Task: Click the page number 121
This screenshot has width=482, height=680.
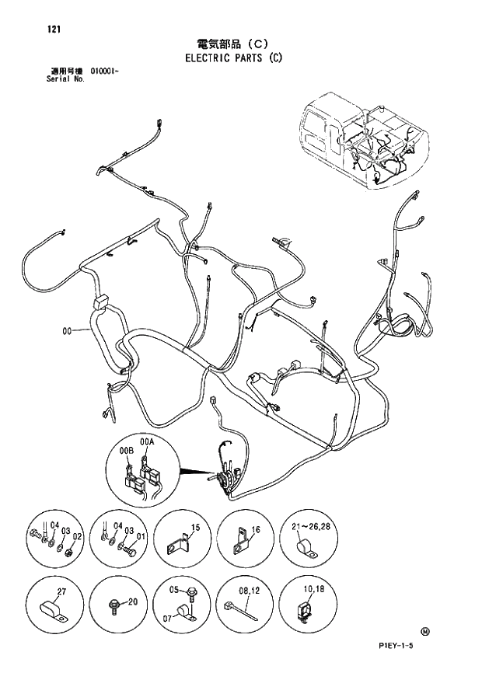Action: [54, 30]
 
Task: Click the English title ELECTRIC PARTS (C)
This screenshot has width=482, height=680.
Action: [232, 58]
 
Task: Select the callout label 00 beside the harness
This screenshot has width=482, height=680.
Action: [68, 332]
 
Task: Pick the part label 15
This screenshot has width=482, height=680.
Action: [195, 528]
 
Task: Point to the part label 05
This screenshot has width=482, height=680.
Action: [175, 591]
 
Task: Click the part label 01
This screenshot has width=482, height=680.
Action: [141, 535]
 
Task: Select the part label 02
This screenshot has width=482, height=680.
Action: [77, 535]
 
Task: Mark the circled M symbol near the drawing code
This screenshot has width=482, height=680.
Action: [424, 630]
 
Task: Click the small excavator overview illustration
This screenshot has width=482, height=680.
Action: [364, 141]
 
